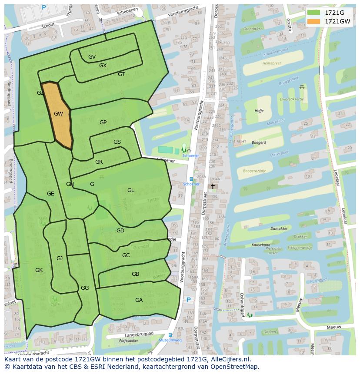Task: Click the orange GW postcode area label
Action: [58, 114]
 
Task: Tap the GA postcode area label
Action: [139, 300]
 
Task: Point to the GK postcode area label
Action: [39, 270]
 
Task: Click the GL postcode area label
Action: [131, 190]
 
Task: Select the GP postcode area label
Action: [103, 122]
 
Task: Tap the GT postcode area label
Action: [121, 74]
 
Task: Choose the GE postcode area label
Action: [50, 194]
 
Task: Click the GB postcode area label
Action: [135, 274]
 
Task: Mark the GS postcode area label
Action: [117, 142]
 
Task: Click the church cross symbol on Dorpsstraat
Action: [213, 186]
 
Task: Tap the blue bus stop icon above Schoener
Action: [191, 179]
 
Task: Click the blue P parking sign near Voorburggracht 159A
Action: [188, 300]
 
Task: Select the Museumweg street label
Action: [170, 341]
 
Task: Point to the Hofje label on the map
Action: [259, 111]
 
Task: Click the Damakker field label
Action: [279, 228]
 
